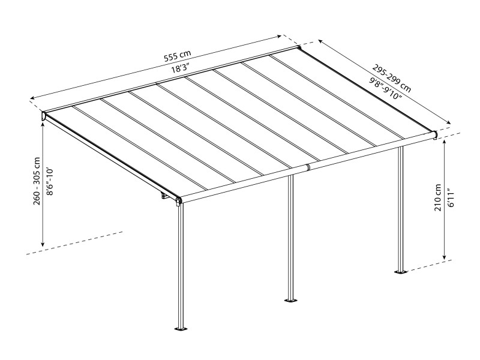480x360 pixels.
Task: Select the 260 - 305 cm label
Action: tap(37, 181)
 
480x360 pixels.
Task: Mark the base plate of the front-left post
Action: tap(181, 328)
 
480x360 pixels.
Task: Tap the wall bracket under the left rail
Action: tap(164, 196)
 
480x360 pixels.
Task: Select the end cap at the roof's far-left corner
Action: tap(44, 116)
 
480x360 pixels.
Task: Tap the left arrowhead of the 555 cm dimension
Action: tap(31, 98)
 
